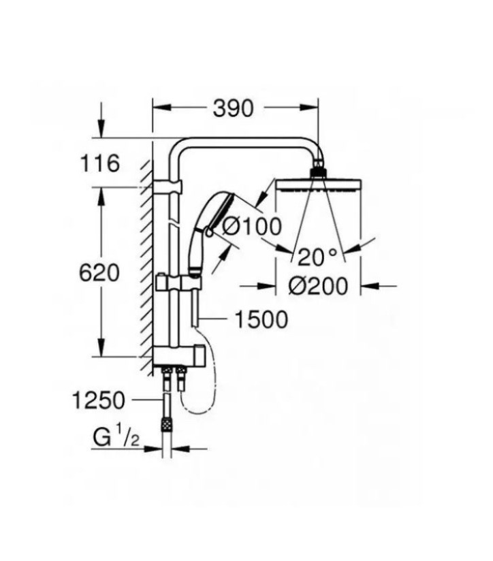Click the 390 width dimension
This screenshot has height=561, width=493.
click(x=233, y=108)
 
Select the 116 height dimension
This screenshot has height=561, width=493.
click(x=99, y=164)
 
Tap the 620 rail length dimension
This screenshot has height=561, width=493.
click(x=100, y=273)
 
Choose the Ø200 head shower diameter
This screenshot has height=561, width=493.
click(x=317, y=287)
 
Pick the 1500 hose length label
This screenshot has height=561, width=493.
click(x=261, y=319)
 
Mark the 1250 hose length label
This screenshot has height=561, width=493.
click(x=99, y=400)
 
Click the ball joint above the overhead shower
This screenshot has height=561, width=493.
click(x=318, y=170)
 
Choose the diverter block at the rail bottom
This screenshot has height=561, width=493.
click(x=178, y=355)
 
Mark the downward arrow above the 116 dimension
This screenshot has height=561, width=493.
click(x=101, y=126)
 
